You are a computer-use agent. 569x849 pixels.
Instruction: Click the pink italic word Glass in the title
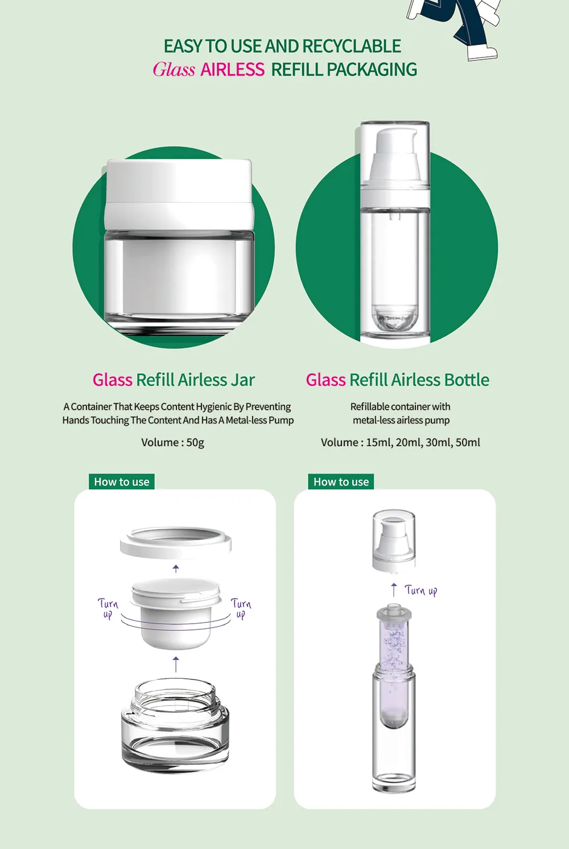click(174, 69)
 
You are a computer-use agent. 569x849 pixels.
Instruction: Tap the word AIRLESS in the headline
click(232, 69)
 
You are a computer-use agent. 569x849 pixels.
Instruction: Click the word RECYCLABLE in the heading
click(352, 46)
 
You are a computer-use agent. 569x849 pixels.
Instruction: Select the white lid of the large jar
click(178, 195)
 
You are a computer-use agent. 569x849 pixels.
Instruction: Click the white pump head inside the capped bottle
click(394, 156)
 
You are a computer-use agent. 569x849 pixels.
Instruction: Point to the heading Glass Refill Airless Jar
click(174, 380)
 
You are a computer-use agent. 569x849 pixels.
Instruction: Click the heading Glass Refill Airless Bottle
click(397, 380)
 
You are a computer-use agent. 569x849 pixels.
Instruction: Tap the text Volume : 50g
click(173, 442)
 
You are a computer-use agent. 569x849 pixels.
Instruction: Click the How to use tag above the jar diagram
click(122, 482)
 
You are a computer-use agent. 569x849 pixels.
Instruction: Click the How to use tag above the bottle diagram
click(341, 482)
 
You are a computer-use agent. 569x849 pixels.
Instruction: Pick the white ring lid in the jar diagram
click(175, 542)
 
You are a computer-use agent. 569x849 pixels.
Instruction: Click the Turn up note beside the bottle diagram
click(421, 591)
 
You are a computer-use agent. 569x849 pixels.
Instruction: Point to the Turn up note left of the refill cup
click(108, 608)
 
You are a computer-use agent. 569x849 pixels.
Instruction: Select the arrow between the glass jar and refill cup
click(175, 664)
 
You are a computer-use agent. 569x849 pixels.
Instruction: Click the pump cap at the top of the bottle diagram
click(394, 541)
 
